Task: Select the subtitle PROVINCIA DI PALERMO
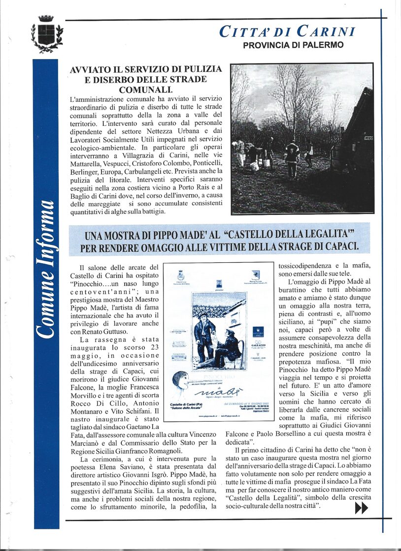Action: pyautogui.click(x=293, y=45)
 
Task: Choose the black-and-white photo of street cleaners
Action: pyautogui.click(x=302, y=139)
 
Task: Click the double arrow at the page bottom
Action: pyautogui.click(x=361, y=509)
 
